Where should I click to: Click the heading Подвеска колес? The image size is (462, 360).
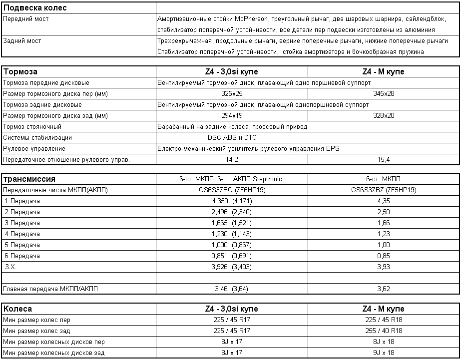click(x=35, y=8)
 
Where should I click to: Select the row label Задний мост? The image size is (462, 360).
click(x=22, y=41)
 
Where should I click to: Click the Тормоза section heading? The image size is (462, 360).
click(x=20, y=71)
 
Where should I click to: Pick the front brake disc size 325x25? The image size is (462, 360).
click(x=231, y=94)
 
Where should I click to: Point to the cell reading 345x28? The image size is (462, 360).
click(x=384, y=94)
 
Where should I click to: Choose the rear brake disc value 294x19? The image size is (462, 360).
click(x=231, y=116)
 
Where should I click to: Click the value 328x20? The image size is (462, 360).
click(x=384, y=116)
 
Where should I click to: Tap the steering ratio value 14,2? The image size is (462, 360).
click(x=232, y=160)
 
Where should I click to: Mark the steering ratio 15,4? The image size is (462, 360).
click(x=384, y=160)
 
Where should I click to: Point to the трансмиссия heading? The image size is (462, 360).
click(x=29, y=179)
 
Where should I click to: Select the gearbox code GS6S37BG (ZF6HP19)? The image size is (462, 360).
click(x=232, y=190)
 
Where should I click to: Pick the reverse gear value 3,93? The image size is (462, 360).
click(x=384, y=267)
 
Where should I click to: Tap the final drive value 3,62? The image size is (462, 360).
click(x=384, y=289)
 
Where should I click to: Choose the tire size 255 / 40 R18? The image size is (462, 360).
click(x=384, y=331)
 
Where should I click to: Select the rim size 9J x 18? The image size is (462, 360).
click(x=384, y=353)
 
